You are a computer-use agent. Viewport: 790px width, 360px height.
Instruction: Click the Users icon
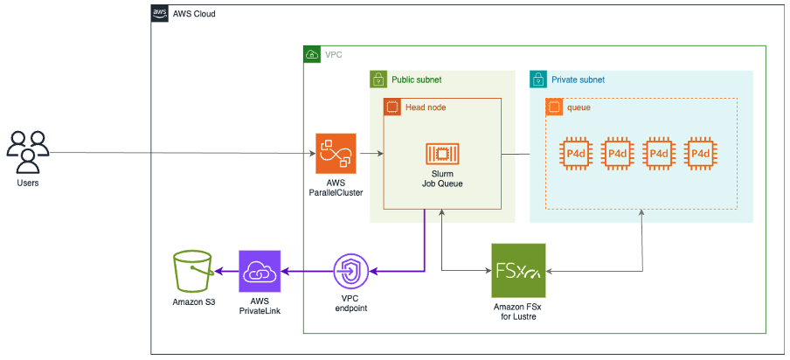[28, 151]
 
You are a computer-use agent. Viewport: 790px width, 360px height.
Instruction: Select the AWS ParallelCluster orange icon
[336, 154]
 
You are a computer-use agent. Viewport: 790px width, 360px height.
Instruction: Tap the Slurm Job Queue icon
[442, 154]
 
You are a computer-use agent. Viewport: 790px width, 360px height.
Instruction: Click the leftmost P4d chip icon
[576, 154]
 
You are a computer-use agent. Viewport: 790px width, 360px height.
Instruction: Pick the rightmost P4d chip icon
[700, 154]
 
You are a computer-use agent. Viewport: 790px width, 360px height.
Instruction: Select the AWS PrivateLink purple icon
[260, 271]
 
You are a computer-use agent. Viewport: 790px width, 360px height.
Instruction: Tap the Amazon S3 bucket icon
[193, 271]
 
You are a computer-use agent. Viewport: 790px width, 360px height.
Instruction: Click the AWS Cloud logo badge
[160, 14]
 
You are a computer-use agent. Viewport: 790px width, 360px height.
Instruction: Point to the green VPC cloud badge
[312, 55]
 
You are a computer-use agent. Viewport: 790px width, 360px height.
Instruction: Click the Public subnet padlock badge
[378, 80]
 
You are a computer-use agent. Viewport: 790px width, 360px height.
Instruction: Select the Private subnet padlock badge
[538, 80]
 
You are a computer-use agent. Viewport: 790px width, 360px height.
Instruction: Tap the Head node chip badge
[392, 107]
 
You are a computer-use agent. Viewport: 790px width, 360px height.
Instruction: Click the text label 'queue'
[579, 107]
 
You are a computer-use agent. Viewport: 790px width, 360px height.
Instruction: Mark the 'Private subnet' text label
[578, 80]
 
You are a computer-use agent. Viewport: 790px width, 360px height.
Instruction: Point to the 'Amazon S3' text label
[193, 301]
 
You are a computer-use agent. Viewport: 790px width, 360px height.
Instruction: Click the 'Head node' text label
[426, 107]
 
